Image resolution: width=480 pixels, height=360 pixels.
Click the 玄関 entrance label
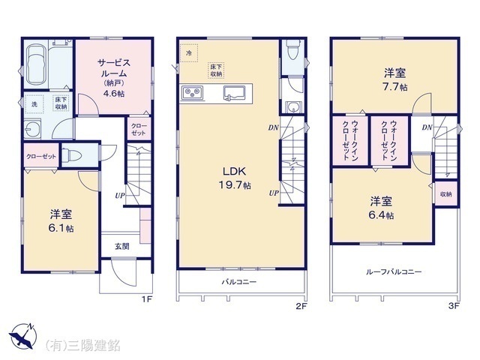pyautogui.click(x=121, y=245)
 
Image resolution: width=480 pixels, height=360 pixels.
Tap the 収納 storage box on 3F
pyautogui.click(x=445, y=193)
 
